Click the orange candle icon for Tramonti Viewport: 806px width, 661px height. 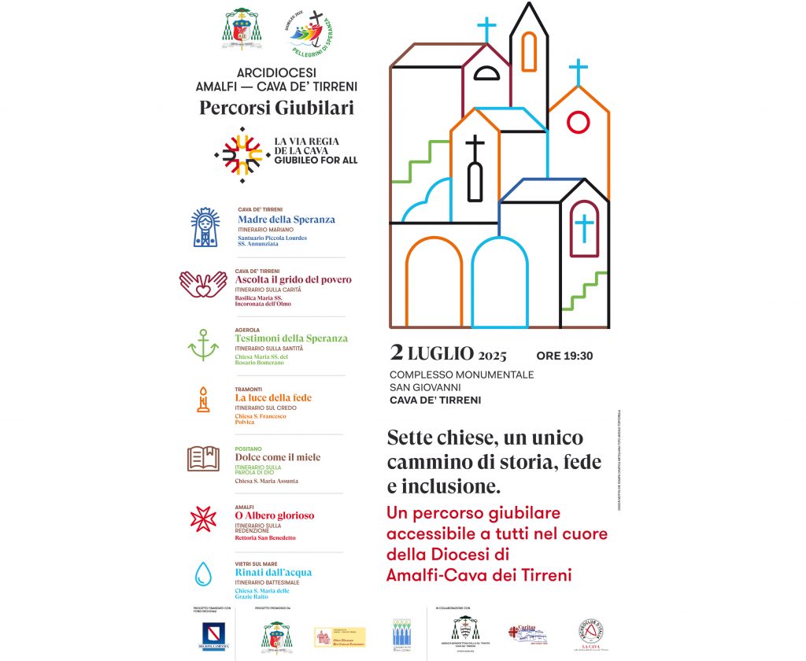point(204,401)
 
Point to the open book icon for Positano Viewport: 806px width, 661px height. point(203,458)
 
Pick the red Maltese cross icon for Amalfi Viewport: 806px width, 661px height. point(203,518)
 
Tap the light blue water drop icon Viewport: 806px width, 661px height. point(203,574)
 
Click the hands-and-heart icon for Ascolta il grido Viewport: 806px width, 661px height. point(203,285)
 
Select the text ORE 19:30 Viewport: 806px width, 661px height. point(564,356)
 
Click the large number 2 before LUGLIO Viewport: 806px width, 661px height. point(397,353)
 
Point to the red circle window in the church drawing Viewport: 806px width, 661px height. point(579,122)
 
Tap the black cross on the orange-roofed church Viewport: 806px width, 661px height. point(475,146)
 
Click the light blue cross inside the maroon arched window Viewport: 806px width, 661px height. point(584,229)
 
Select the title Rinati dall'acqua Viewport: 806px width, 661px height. point(273,572)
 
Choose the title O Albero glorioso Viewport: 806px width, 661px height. point(274,515)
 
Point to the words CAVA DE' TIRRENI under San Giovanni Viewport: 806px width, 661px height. point(435,400)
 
